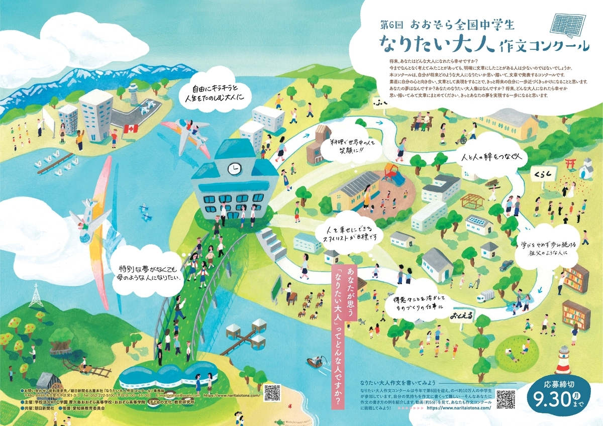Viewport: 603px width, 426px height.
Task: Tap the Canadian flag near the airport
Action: coord(130,129)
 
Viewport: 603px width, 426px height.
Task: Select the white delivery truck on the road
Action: coord(485,296)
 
